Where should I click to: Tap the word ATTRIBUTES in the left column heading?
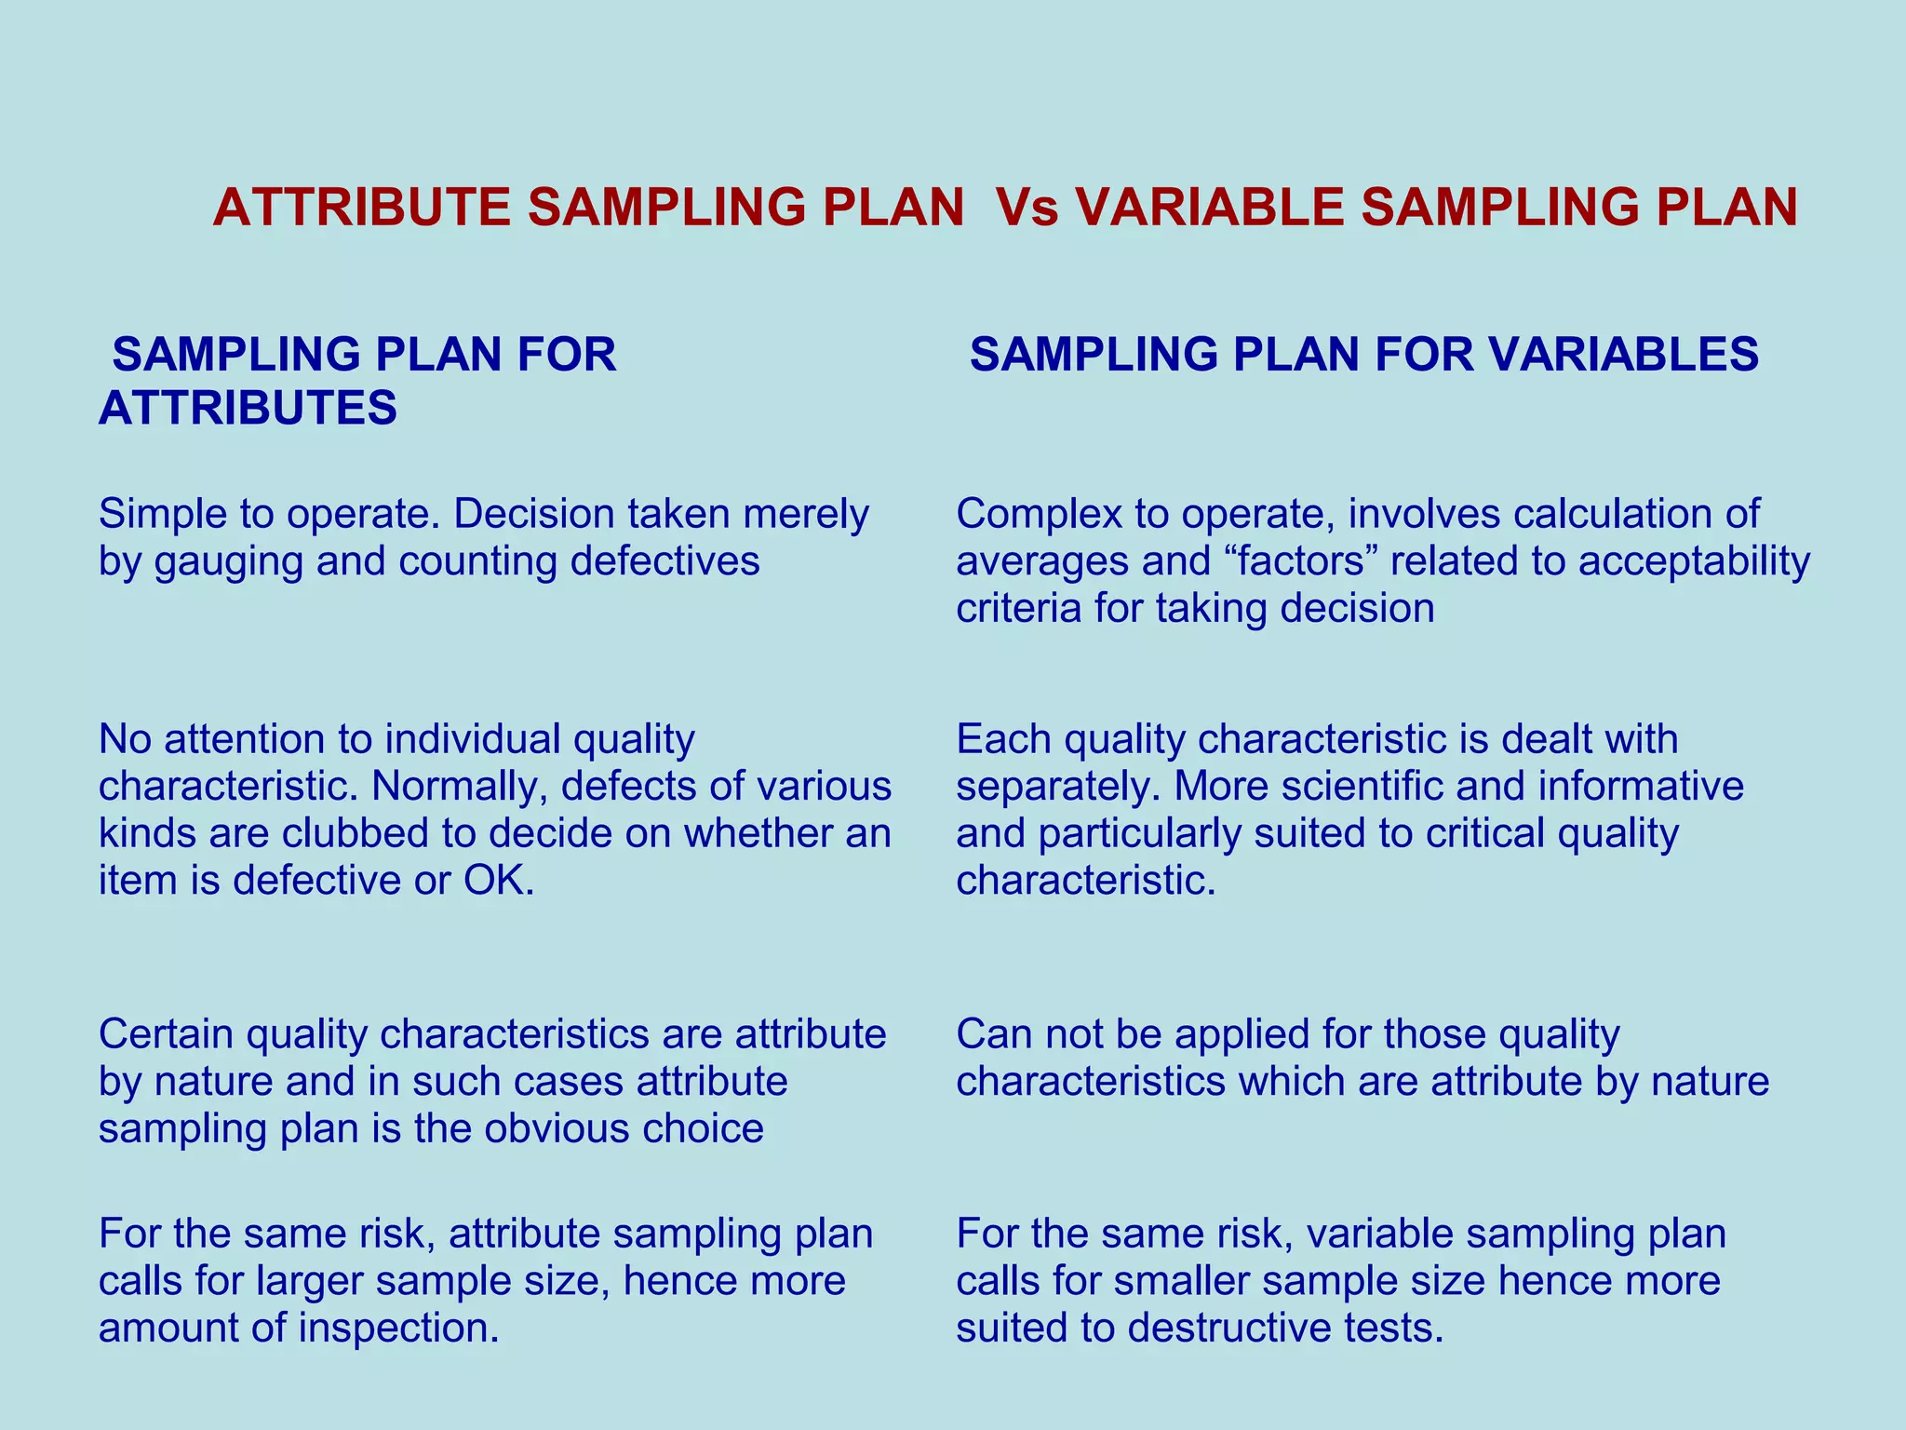[248, 408]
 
